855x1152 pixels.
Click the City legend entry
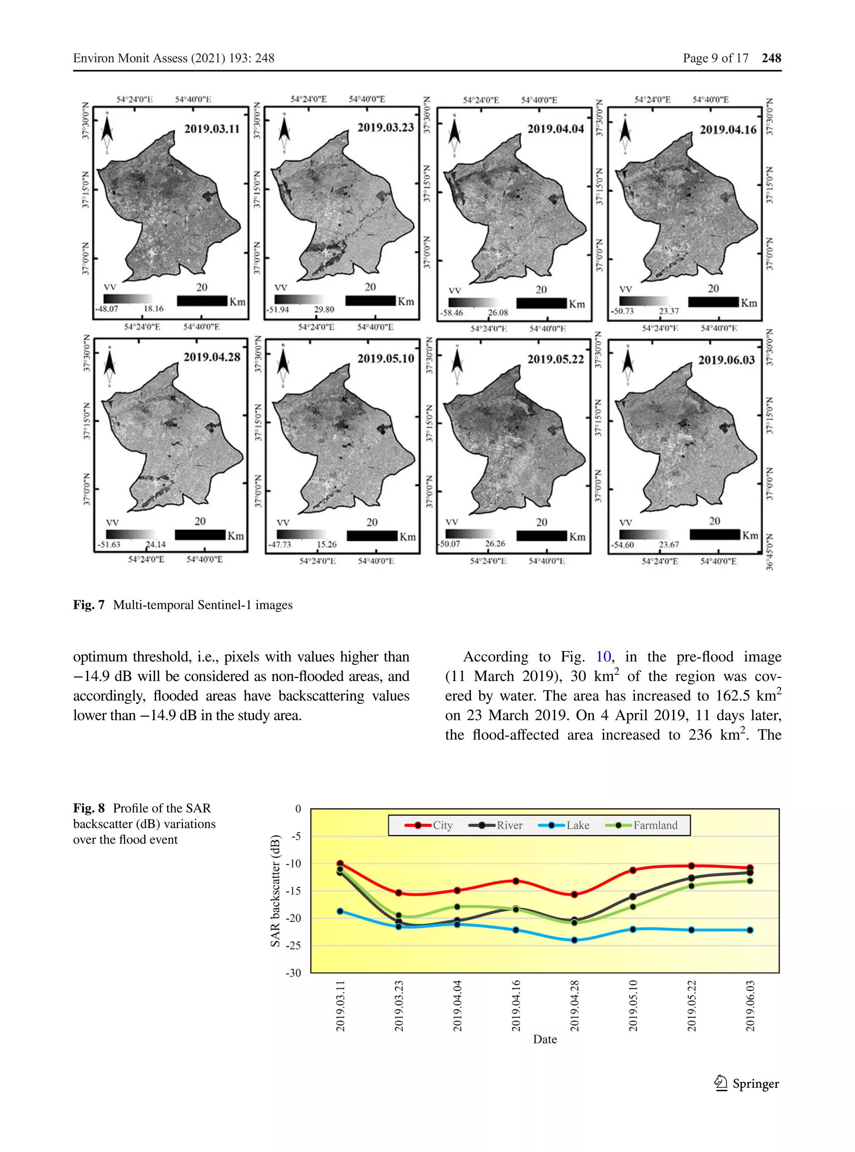click(x=429, y=825)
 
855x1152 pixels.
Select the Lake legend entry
click(x=564, y=825)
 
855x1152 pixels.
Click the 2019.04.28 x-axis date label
click(x=574, y=1005)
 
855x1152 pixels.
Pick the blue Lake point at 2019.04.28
click(x=574, y=940)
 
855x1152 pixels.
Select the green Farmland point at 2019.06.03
click(x=750, y=881)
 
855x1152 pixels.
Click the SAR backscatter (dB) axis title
click(x=276, y=891)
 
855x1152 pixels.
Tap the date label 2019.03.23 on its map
click(x=386, y=127)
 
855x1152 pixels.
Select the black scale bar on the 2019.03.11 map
click(x=202, y=301)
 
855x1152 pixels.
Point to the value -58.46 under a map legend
click(x=451, y=313)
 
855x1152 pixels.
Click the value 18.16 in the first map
click(x=153, y=309)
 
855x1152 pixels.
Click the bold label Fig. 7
click(x=89, y=605)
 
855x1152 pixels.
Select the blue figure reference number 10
click(x=604, y=657)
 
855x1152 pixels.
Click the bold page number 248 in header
click(x=771, y=58)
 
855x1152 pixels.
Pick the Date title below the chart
click(x=545, y=1039)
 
